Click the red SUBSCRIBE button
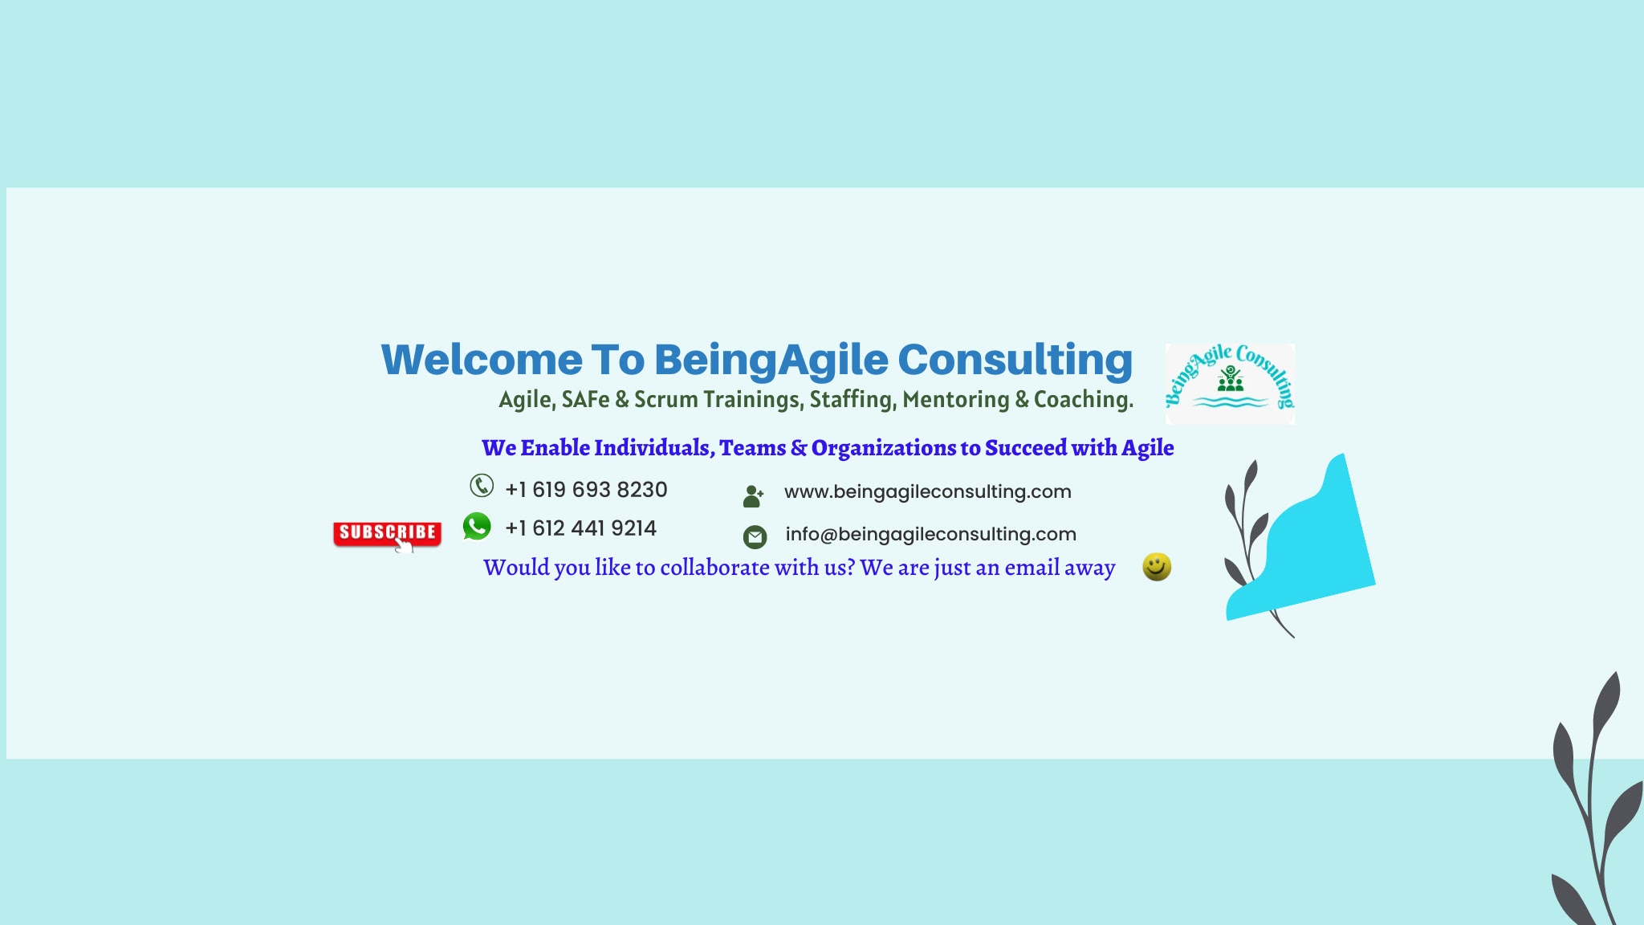pyautogui.click(x=387, y=533)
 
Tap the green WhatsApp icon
pyautogui.click(x=477, y=527)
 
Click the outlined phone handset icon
pyautogui.click(x=482, y=486)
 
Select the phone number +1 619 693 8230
pyautogui.click(x=586, y=490)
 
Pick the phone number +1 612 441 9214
pyautogui.click(x=580, y=528)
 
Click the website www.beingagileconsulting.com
pyautogui.click(x=928, y=491)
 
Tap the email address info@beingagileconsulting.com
pyautogui.click(x=930, y=534)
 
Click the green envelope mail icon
pyautogui.click(x=755, y=536)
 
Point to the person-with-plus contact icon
pyautogui.click(x=753, y=496)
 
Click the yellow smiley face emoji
pyautogui.click(x=1157, y=567)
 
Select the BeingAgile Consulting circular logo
pyautogui.click(x=1230, y=384)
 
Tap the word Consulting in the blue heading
pyautogui.click(x=1015, y=361)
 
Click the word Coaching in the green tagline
pyautogui.click(x=1083, y=400)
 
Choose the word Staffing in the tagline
pyautogui.click(x=853, y=400)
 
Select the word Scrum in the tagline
pyautogui.click(x=665, y=400)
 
